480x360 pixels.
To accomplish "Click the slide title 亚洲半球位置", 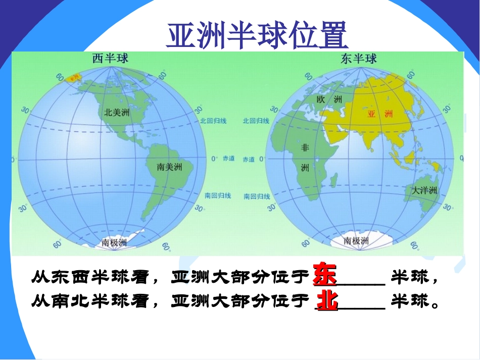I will (257, 34).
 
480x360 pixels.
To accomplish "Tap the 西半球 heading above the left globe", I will (110, 59).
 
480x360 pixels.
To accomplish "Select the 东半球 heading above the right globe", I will (359, 59).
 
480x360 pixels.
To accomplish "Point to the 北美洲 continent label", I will (117, 112).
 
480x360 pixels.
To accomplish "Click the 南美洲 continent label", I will (170, 166).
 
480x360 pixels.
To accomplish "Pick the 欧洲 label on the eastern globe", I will (329, 99).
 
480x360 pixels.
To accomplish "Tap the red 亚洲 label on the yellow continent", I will (380, 114).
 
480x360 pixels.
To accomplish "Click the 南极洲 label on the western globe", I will (114, 242).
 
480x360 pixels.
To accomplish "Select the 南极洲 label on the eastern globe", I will (356, 241).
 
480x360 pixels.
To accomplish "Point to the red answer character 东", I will (324, 274).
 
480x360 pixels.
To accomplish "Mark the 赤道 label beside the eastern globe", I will (249, 159).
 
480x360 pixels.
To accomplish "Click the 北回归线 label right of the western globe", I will (214, 121).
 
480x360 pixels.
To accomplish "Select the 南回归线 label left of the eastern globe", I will (256, 196).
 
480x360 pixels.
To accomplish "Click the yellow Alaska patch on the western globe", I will (74, 77).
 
